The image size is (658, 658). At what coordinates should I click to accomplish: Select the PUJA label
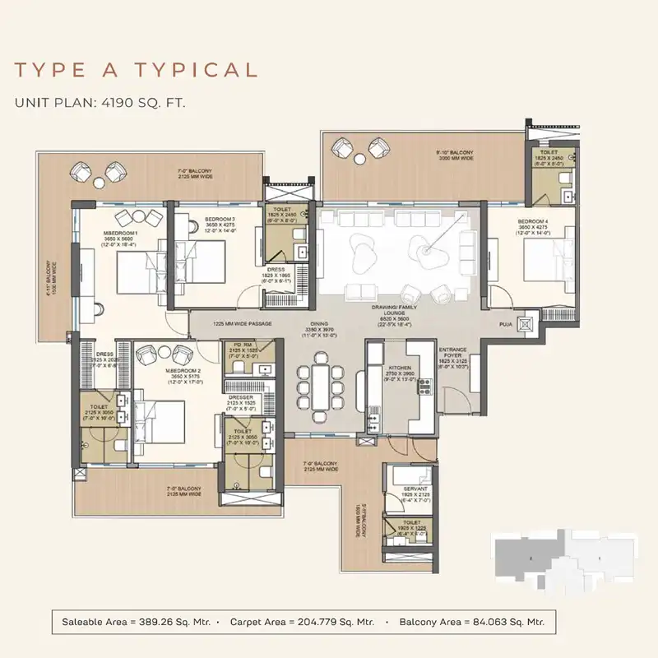tap(507, 326)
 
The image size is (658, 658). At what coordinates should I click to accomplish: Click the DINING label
tap(319, 324)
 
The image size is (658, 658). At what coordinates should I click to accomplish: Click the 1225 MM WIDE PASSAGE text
tap(242, 324)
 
